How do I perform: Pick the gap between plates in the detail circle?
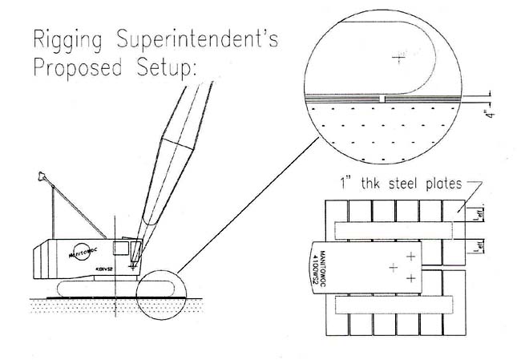point(386,97)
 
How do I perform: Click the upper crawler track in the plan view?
point(397,229)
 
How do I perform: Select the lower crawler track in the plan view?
point(397,304)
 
